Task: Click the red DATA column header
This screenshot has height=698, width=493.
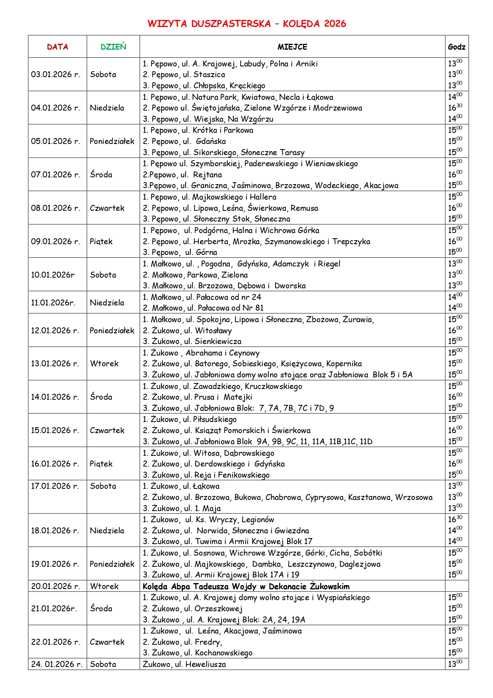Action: tap(57, 47)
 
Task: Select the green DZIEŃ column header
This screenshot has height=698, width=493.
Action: tap(113, 47)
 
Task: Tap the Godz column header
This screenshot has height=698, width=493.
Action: tap(456, 47)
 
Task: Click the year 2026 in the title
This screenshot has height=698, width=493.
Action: tap(335, 24)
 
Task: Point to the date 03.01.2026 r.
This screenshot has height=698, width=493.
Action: tap(56, 74)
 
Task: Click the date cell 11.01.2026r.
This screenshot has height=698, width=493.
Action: tap(53, 303)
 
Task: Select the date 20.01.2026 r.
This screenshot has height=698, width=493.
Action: tap(56, 586)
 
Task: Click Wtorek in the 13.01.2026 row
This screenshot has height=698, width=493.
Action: tap(104, 364)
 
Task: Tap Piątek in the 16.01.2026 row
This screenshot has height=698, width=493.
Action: tap(101, 464)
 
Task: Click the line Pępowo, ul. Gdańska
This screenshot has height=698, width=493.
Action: tap(184, 141)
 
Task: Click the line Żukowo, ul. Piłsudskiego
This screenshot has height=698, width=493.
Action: tap(190, 419)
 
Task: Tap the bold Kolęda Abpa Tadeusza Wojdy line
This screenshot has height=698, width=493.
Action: tap(246, 586)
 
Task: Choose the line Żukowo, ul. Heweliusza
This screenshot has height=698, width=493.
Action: tap(184, 664)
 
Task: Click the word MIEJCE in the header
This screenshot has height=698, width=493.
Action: tap(292, 47)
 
